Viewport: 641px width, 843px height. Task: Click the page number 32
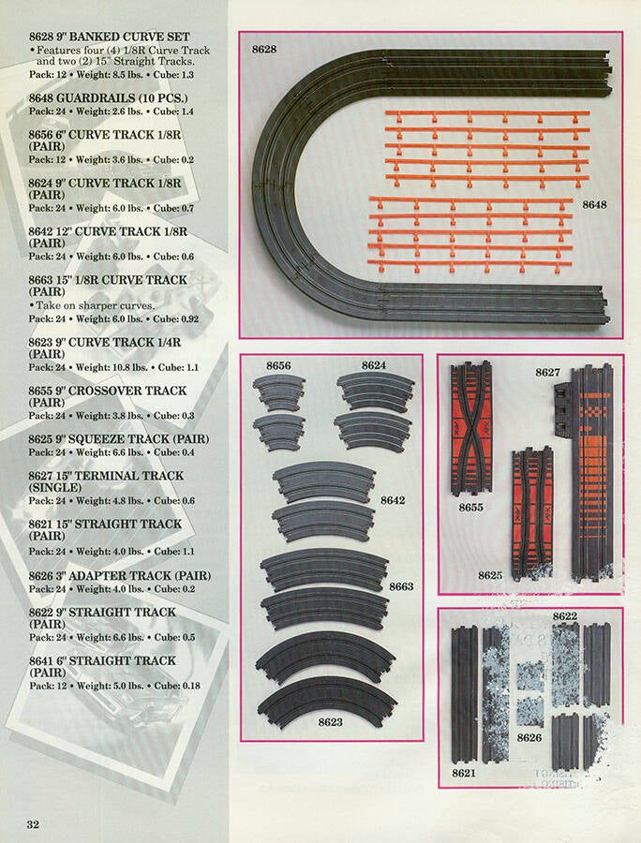(34, 824)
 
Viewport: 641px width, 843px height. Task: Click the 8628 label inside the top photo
(264, 49)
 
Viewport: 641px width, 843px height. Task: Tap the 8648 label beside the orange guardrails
(594, 204)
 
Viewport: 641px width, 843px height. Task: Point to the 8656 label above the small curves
(278, 365)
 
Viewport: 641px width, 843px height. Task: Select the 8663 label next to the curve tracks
(401, 586)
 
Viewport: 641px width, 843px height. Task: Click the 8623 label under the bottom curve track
(330, 722)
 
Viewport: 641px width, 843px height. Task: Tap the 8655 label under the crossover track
(471, 507)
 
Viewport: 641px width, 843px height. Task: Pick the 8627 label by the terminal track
(547, 372)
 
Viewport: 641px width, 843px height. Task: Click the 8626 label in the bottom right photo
(529, 738)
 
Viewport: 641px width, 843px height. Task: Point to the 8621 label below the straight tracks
(464, 773)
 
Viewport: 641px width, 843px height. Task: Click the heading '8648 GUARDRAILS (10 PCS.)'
(109, 97)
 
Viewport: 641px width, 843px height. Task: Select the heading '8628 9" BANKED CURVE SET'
(110, 37)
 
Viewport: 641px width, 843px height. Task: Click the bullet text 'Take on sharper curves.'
(96, 305)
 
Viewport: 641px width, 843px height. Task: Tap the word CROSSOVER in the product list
(105, 391)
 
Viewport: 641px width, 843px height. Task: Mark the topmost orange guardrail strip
(487, 114)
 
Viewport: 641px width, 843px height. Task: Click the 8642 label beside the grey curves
(393, 500)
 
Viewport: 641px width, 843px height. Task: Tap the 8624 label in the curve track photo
(374, 365)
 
